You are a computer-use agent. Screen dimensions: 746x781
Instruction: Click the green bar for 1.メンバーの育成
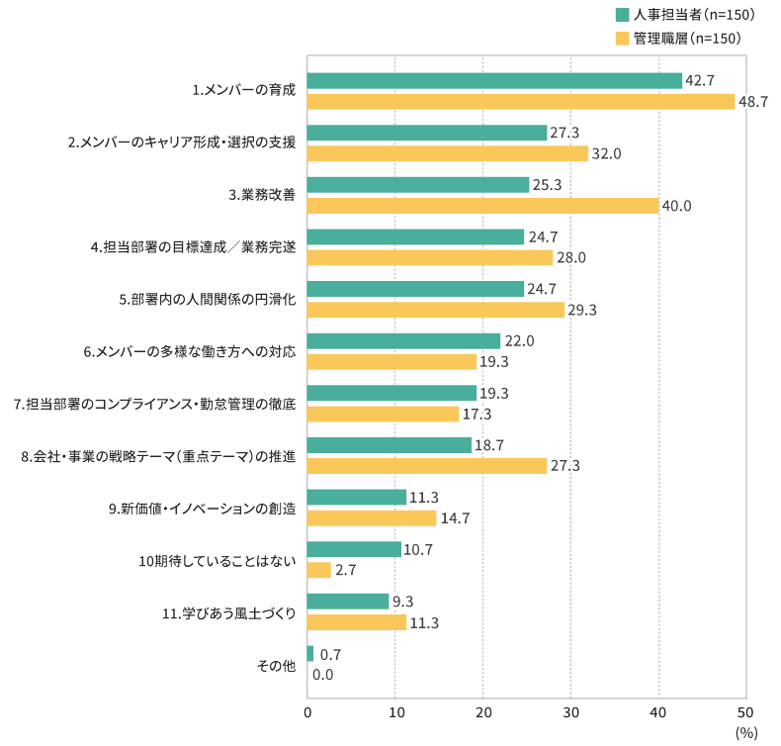coord(494,81)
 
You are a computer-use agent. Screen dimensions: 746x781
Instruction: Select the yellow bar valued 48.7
coord(521,102)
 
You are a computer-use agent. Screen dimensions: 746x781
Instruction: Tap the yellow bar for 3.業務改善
coord(482,206)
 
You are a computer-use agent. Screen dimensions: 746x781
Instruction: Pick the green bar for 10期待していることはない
coord(354,549)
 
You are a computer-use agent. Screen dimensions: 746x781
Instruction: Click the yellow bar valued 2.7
coord(319,570)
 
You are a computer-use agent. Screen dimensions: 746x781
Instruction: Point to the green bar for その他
coord(310,654)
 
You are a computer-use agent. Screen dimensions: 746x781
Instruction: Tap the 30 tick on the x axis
coord(570,712)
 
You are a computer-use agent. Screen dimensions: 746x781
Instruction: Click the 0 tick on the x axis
coord(307,712)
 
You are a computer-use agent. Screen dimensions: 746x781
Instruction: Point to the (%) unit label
coord(745,733)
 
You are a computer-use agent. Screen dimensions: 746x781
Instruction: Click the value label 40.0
coord(677,206)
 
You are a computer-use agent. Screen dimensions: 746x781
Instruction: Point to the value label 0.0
coord(322,675)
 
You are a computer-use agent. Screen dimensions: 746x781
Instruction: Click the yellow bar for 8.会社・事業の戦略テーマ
coord(427,466)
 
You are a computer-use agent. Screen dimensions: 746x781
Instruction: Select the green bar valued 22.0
coord(403,340)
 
